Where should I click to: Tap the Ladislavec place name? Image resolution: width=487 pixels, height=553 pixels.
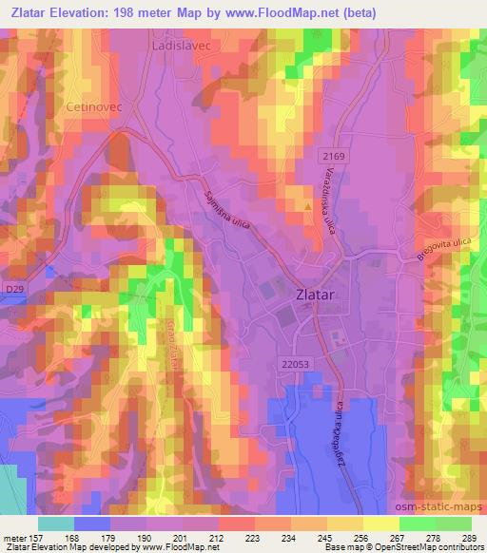coord(181,45)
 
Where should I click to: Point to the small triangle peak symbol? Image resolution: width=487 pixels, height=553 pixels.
coord(306,204)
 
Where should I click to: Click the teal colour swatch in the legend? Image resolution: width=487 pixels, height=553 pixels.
coord(56,523)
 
